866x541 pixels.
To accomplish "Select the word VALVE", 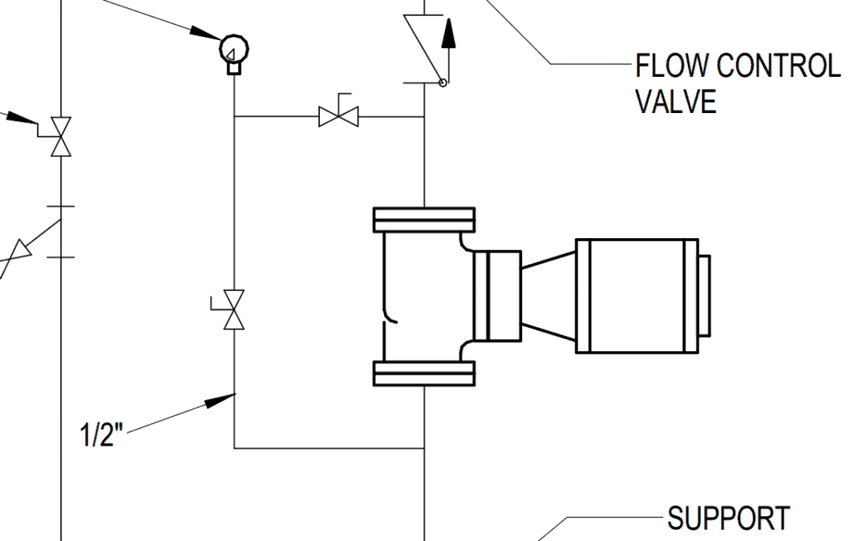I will click(x=675, y=102).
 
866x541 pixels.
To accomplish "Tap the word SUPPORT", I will click(x=728, y=519).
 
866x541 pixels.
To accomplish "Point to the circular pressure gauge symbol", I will click(x=233, y=50).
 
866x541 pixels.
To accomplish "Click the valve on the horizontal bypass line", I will click(x=338, y=116).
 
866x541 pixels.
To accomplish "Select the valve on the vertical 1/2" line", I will click(x=233, y=310).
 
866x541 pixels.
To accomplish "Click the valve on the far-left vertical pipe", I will click(x=61, y=137).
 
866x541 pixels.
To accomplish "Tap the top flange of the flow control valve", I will click(x=423, y=220).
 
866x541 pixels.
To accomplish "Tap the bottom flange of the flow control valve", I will click(x=423, y=373).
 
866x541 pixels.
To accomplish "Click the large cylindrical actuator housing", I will click(x=637, y=296).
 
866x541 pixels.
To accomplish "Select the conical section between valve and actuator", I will click(x=548, y=296).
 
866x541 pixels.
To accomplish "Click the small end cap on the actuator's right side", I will click(x=704, y=296).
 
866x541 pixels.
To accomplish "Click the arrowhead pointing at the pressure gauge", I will click(x=204, y=34).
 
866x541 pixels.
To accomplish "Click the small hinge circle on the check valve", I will click(x=443, y=82).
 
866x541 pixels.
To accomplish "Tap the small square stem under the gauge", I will click(x=233, y=68).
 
